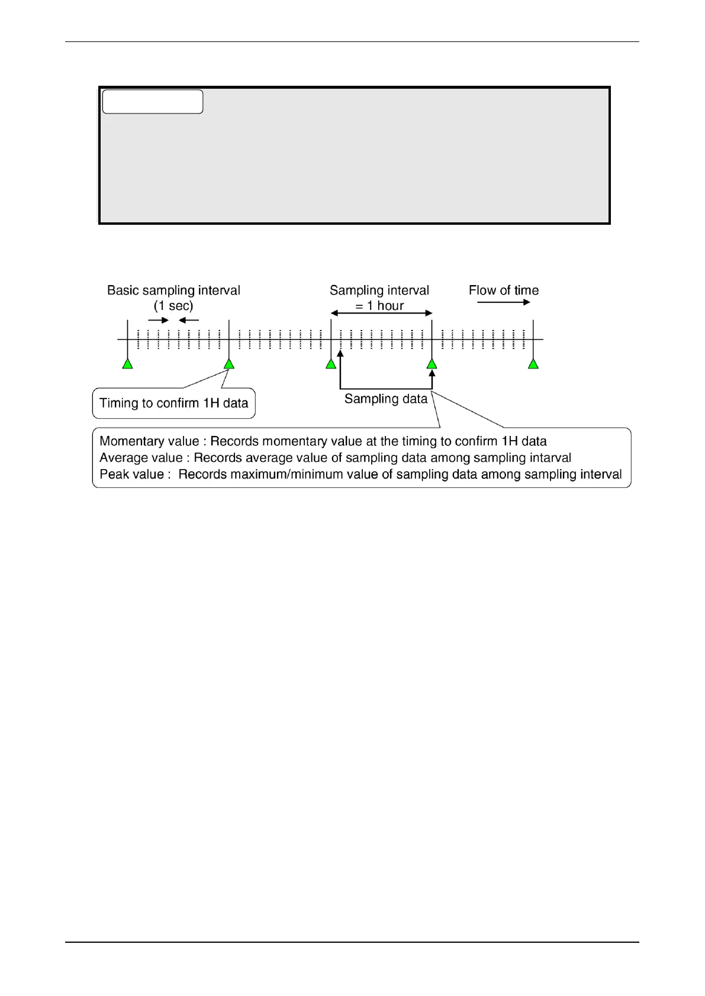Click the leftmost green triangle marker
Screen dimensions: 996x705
click(x=127, y=364)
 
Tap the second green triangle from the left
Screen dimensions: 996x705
click(x=229, y=364)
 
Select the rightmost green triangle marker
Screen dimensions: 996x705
click(x=533, y=364)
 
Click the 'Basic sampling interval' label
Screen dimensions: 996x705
click(x=173, y=290)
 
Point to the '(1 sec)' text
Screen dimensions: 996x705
click(x=173, y=306)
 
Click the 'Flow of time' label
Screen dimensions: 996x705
click(x=504, y=290)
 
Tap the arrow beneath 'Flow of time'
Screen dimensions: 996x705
click(x=504, y=302)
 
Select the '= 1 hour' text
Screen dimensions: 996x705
click(x=379, y=306)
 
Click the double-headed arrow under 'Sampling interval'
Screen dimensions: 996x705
click(x=382, y=313)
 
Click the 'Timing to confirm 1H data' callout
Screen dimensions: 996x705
click(x=173, y=403)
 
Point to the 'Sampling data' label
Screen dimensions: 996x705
click(x=386, y=399)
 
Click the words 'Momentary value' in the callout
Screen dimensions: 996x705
click(x=149, y=441)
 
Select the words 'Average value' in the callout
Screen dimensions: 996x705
click(x=141, y=458)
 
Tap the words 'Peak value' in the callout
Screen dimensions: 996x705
click(x=131, y=474)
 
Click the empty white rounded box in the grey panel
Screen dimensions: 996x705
click(x=153, y=102)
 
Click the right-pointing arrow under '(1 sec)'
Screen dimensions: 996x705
click(x=158, y=321)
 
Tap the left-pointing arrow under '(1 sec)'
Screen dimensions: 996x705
click(x=189, y=321)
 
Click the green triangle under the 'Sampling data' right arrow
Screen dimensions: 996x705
click(x=432, y=364)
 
